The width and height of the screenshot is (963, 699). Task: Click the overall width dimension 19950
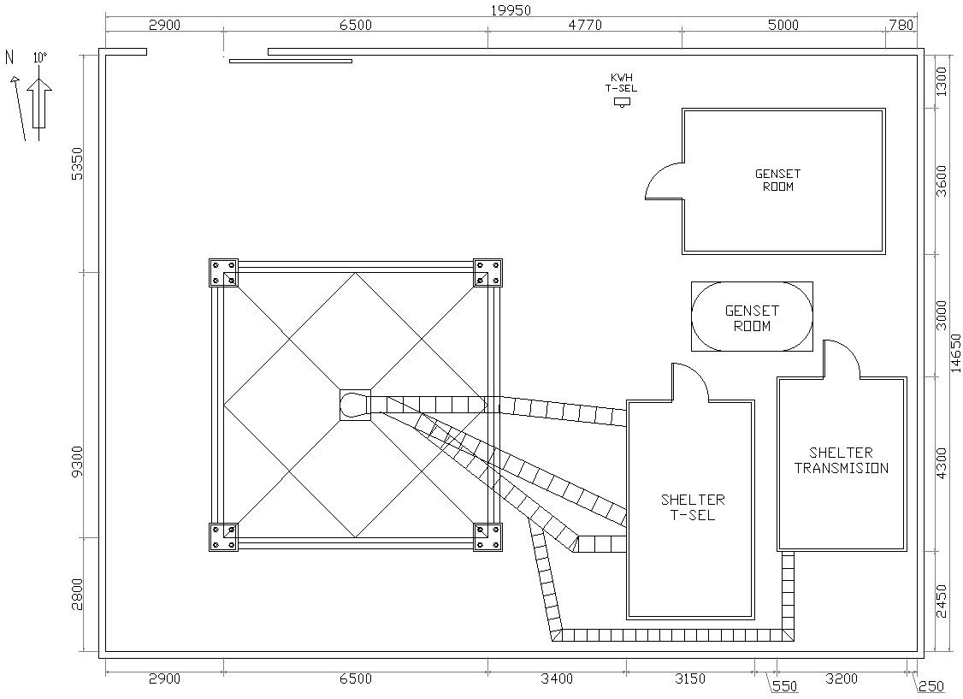click(511, 9)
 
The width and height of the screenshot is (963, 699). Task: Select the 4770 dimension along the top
click(585, 25)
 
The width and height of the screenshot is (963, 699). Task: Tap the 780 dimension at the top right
click(901, 25)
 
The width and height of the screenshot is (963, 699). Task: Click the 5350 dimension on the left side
click(77, 163)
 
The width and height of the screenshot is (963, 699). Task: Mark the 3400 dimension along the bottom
click(557, 679)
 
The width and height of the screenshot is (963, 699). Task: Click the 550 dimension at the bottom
click(784, 686)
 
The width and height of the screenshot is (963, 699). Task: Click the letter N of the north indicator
click(9, 57)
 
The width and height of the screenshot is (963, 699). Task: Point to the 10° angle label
click(39, 58)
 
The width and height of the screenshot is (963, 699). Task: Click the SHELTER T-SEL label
click(693, 507)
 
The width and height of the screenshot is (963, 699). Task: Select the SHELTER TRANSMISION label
click(842, 460)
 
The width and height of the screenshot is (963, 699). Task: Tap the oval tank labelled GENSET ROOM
click(752, 317)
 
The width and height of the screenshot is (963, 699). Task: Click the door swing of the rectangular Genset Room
click(664, 180)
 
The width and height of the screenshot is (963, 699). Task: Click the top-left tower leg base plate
click(224, 273)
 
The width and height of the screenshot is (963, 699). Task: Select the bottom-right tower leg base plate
click(487, 537)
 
